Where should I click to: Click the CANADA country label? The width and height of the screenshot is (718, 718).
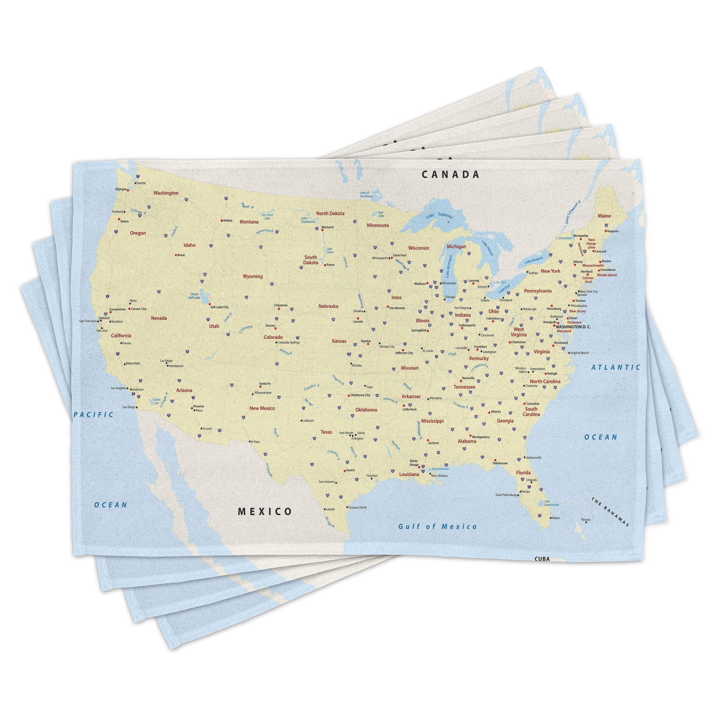(450, 175)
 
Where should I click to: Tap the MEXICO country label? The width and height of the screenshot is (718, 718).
(265, 512)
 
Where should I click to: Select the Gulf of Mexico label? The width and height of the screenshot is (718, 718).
(438, 527)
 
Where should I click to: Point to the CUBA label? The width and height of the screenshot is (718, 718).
(542, 559)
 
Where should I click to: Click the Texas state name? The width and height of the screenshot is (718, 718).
(326, 432)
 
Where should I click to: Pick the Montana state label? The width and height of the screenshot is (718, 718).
(249, 222)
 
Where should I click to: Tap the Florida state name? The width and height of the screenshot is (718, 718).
(523, 472)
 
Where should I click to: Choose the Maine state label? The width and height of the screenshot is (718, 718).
(604, 216)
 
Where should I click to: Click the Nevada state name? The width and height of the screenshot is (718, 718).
(159, 318)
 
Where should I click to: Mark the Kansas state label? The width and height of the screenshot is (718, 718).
(339, 341)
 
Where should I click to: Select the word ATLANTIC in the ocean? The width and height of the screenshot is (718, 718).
(616, 368)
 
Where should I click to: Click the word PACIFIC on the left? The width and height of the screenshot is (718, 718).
(94, 415)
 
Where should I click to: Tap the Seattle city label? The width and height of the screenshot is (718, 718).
(141, 183)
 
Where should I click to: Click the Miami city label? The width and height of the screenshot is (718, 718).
(555, 518)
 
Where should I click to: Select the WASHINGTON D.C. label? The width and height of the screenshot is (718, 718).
(573, 326)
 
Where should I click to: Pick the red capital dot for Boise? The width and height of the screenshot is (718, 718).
(176, 255)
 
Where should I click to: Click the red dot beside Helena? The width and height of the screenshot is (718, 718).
(221, 221)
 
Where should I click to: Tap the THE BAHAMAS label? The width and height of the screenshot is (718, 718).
(610, 512)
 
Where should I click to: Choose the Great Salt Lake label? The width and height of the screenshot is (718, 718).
(195, 296)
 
